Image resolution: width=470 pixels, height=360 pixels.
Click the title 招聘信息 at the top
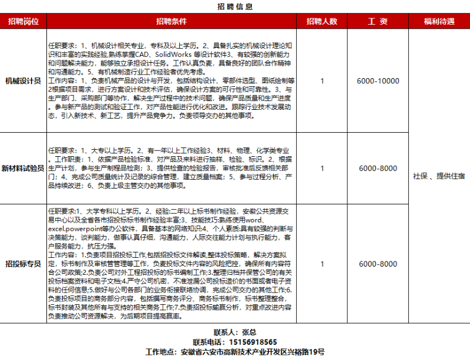(x=235, y=7)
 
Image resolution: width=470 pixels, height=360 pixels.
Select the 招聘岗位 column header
(x=23, y=22)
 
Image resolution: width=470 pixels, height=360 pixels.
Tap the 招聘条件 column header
(x=171, y=22)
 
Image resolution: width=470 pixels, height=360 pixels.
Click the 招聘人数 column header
(x=322, y=22)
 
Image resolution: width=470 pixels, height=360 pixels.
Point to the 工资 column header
(x=378, y=22)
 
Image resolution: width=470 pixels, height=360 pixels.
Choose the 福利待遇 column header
(x=439, y=22)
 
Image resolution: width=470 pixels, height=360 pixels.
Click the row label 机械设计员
(x=23, y=81)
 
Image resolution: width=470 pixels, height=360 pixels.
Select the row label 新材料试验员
(x=23, y=168)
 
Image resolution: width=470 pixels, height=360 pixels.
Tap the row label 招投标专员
(x=23, y=264)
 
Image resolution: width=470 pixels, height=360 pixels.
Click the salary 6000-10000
(x=378, y=81)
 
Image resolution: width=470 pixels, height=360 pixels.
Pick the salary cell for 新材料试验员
(x=378, y=169)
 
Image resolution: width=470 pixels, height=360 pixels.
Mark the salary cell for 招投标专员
(x=378, y=264)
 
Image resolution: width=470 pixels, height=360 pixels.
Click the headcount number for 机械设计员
(x=322, y=81)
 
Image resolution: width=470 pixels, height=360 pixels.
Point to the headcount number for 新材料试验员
(x=322, y=169)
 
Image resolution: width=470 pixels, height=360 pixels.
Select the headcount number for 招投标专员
(x=322, y=264)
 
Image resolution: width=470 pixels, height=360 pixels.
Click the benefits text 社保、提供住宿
(x=439, y=176)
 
